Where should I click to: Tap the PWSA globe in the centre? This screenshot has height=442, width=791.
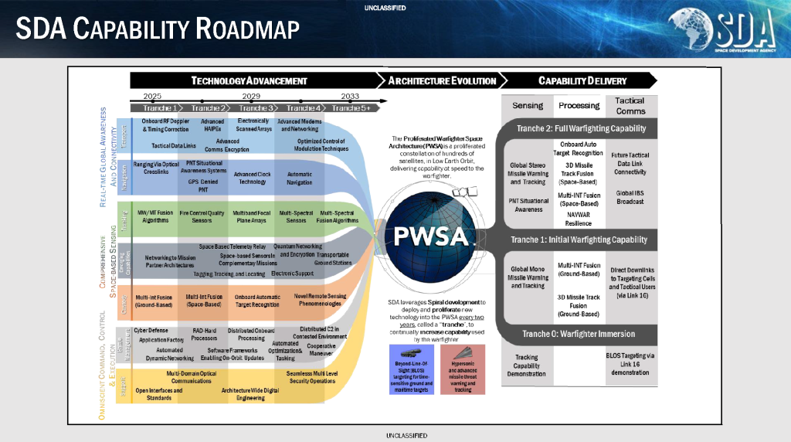coord(433,233)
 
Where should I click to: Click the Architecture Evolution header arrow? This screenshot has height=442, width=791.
coord(442,80)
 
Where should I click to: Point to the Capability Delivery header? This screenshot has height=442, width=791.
coord(582,80)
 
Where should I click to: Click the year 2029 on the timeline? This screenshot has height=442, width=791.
coord(250,97)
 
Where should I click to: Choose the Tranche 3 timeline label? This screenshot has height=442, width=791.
coord(250,108)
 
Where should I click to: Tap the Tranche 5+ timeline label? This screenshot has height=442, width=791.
coord(351,108)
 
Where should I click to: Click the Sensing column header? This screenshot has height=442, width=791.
coord(528,105)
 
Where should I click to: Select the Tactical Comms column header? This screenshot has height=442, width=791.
coord(630,106)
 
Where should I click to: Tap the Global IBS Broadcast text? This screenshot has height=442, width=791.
coord(630,197)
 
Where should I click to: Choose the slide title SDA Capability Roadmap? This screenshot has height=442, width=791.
coord(158,29)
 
